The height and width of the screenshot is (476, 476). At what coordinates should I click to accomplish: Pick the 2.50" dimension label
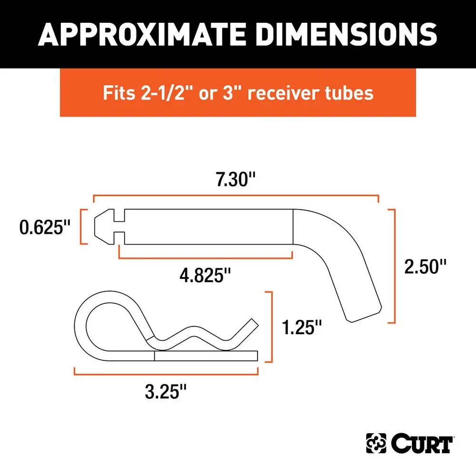(x=425, y=267)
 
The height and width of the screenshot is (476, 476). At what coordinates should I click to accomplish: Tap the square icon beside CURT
(x=376, y=444)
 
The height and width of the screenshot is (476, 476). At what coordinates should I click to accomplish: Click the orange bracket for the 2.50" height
(x=393, y=267)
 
